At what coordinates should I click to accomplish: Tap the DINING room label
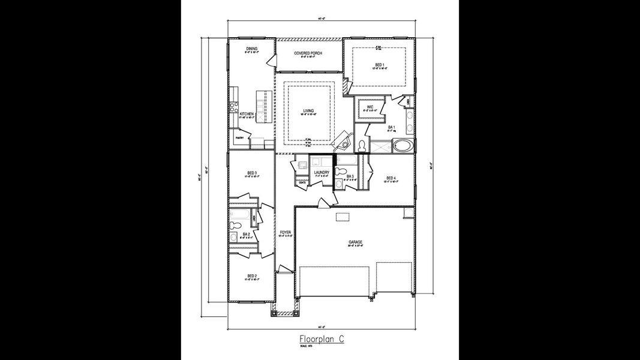coord(252,49)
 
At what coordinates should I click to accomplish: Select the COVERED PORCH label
coord(308,53)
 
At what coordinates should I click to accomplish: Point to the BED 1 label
coord(380,64)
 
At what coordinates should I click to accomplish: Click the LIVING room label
coord(308,111)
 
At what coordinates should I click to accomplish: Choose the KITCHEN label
coord(247,113)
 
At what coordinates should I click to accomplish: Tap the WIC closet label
coord(370,107)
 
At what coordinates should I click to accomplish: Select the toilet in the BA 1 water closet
coord(362,146)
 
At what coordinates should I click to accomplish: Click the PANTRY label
coord(239,138)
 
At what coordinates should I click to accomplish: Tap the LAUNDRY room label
coord(321,173)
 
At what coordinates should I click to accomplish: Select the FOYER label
coord(285,232)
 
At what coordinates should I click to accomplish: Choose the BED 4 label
coord(391,178)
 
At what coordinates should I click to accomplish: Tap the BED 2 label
coord(252,277)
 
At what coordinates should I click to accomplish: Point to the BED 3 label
coord(252,173)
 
